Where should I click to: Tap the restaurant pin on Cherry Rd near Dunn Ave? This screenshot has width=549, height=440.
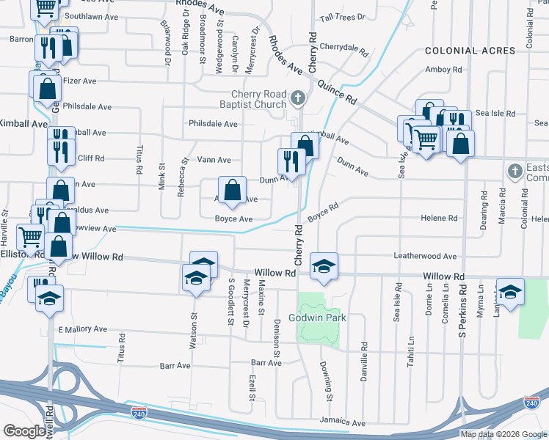click(x=291, y=161)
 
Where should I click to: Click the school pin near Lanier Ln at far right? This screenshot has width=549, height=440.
click(x=510, y=291)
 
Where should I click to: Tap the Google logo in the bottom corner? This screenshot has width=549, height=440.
click(x=24, y=431)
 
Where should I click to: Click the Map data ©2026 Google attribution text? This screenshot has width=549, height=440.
click(x=503, y=434)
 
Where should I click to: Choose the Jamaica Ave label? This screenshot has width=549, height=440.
click(x=342, y=423)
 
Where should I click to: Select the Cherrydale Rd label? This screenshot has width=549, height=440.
click(x=343, y=48)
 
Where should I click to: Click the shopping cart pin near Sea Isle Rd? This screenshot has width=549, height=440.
click(x=426, y=137)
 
